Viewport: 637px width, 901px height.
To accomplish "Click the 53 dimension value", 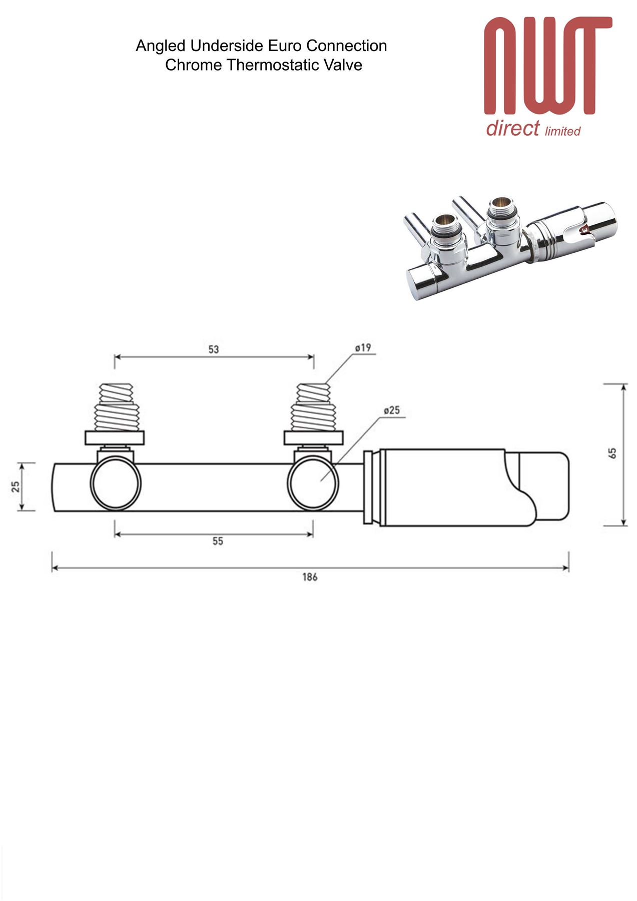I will tap(214, 349).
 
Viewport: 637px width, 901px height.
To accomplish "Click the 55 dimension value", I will tap(218, 541).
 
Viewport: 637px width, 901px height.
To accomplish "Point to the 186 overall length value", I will tap(310, 577).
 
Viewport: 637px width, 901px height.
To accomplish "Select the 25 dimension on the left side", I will tap(16, 487).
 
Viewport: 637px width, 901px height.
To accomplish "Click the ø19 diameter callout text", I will tap(363, 347).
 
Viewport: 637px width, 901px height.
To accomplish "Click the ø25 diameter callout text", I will tap(392, 410).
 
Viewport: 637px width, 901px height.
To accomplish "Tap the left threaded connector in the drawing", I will tap(116, 406).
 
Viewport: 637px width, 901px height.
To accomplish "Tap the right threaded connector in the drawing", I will tap(314, 406).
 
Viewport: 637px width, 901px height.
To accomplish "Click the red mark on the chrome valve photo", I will tap(583, 230).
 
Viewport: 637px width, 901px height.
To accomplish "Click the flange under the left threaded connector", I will tap(116, 437).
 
